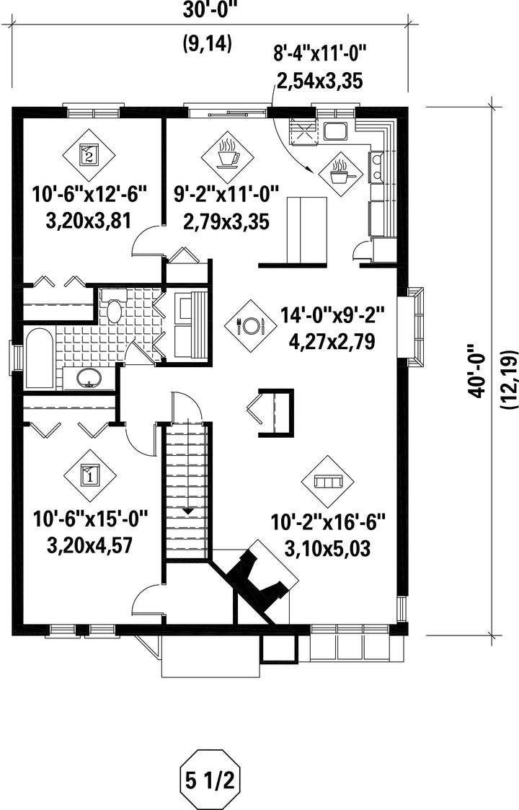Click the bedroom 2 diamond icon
(x=89, y=154)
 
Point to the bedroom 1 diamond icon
(x=90, y=475)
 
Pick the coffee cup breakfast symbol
(x=227, y=154)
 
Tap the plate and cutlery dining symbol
(x=251, y=326)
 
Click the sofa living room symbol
(x=328, y=481)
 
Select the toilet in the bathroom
(x=113, y=307)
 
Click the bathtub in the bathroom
(x=39, y=358)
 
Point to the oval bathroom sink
(x=89, y=379)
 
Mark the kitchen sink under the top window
(x=336, y=131)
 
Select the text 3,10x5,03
(x=327, y=549)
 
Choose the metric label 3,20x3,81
(x=89, y=221)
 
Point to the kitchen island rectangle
(x=307, y=230)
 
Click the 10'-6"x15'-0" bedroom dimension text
(x=91, y=518)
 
